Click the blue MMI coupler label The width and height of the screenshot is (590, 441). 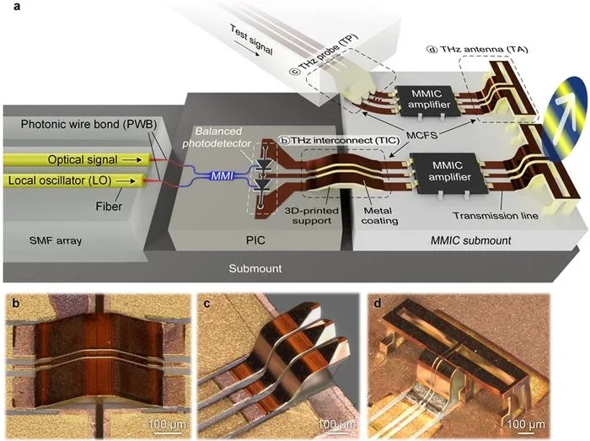pos(222,175)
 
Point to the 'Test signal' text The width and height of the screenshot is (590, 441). pos(251,40)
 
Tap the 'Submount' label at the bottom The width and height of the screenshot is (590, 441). pos(255,269)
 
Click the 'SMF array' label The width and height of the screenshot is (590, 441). pos(56,240)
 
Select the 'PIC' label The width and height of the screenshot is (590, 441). pos(255,240)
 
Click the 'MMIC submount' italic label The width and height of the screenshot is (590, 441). pos(470,240)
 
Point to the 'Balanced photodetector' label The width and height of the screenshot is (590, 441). pos(217,137)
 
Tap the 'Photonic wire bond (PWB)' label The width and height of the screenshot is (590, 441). pos(88,124)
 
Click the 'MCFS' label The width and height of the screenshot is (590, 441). pos(421,135)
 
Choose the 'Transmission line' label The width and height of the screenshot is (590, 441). pos(496,216)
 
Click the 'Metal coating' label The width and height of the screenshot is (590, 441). pos(379,216)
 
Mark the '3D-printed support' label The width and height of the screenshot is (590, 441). pos(312,216)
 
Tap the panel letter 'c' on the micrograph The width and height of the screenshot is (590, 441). pos(206,304)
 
